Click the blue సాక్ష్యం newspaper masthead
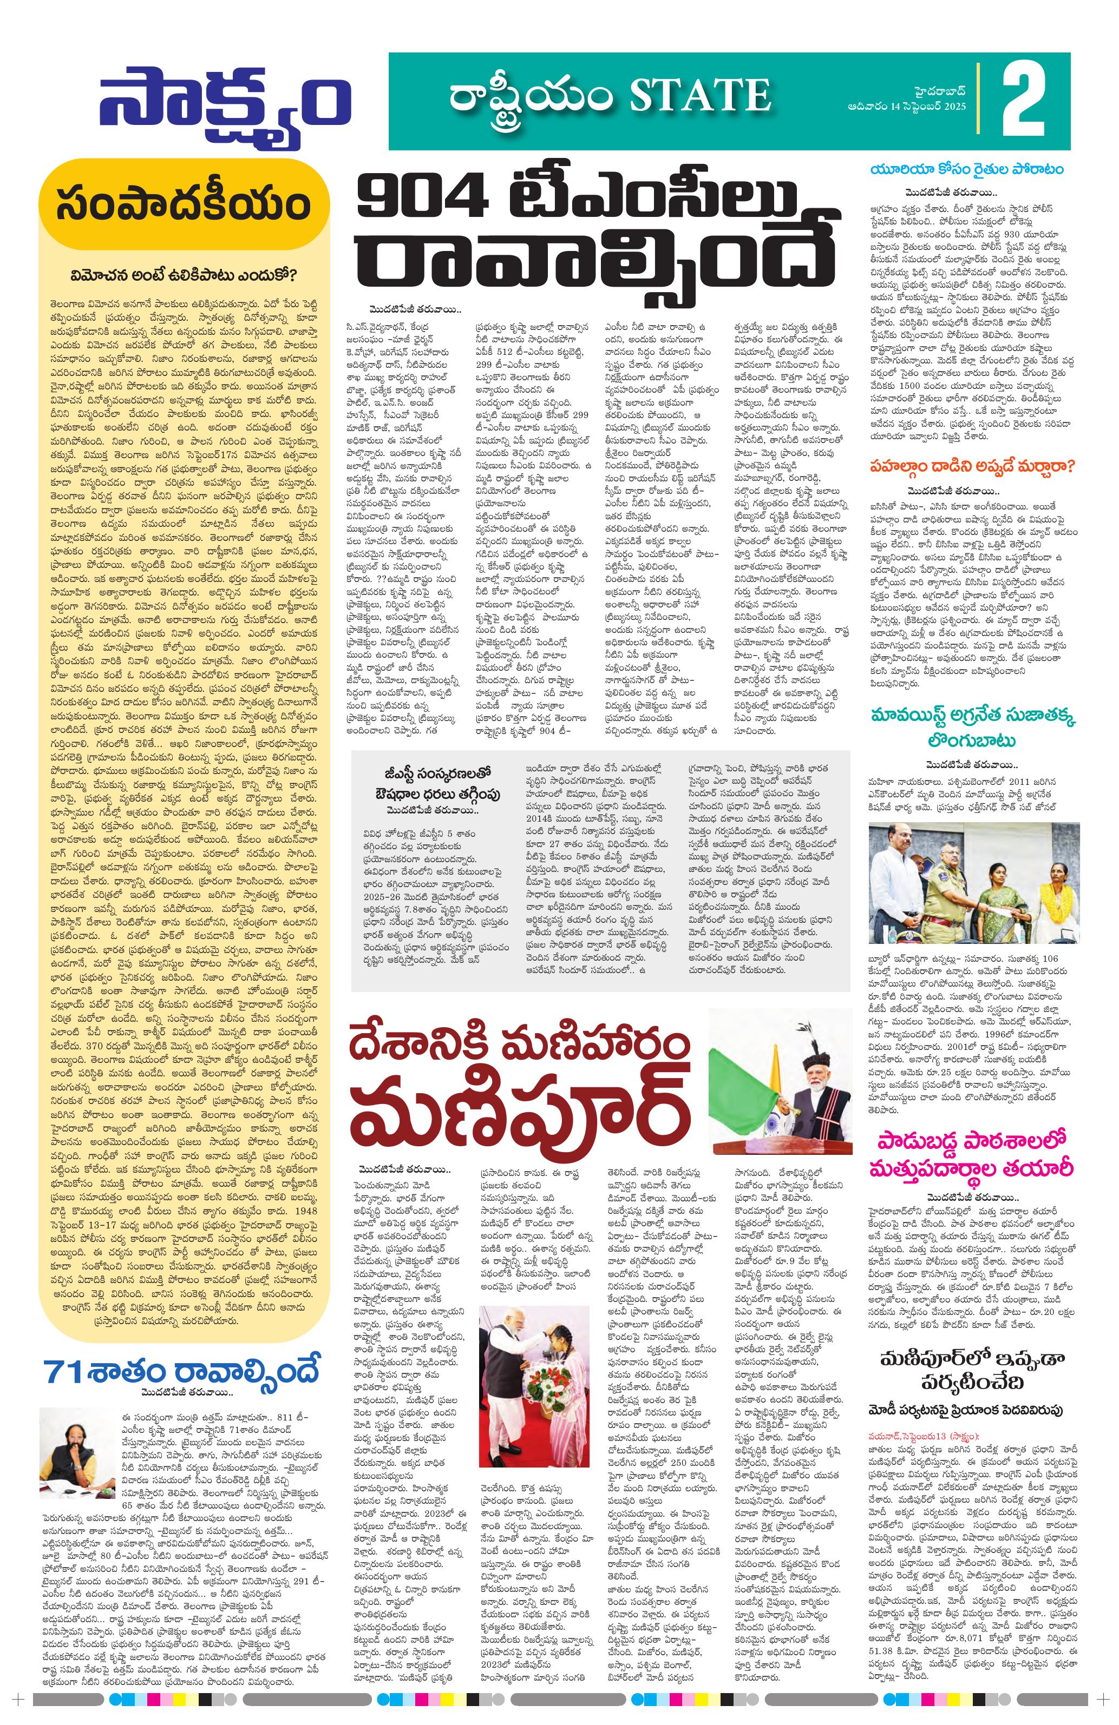coord(225,105)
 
